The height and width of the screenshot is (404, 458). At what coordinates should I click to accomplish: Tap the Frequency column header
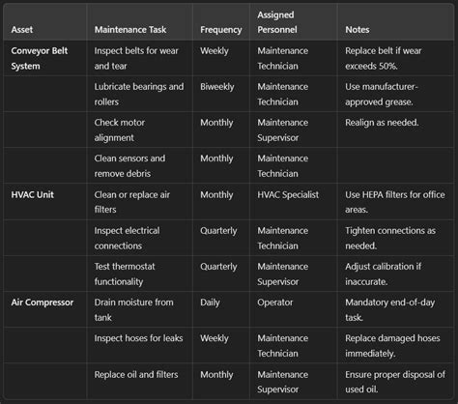click(x=221, y=29)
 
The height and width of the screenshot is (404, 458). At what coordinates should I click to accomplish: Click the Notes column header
click(x=357, y=29)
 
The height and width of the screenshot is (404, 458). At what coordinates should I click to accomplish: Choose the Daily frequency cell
click(x=214, y=302)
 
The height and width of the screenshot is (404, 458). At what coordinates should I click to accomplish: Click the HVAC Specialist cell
click(x=295, y=194)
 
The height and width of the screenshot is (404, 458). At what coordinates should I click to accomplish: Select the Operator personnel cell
click(x=277, y=302)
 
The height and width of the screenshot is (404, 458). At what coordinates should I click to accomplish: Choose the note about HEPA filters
click(x=393, y=202)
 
